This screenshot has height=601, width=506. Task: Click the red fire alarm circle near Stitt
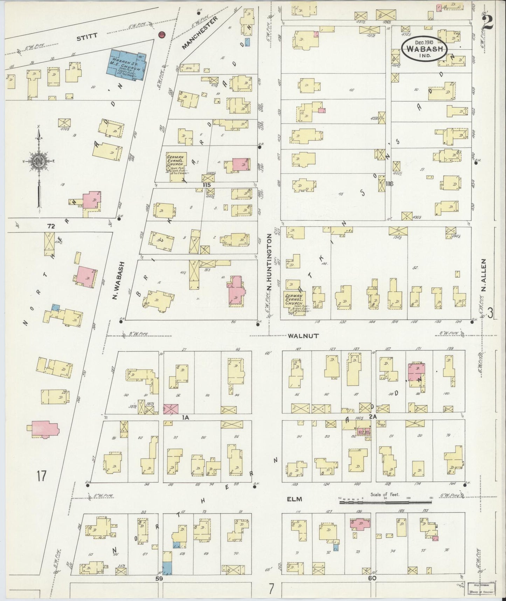click(161, 35)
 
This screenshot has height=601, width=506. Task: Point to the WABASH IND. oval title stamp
click(425, 49)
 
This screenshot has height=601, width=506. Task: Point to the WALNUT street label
click(303, 336)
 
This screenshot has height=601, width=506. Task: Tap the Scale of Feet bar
click(385, 502)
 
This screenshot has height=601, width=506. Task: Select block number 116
click(389, 184)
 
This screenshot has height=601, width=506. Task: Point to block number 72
click(51, 227)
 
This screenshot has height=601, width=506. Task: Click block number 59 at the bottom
click(160, 579)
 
